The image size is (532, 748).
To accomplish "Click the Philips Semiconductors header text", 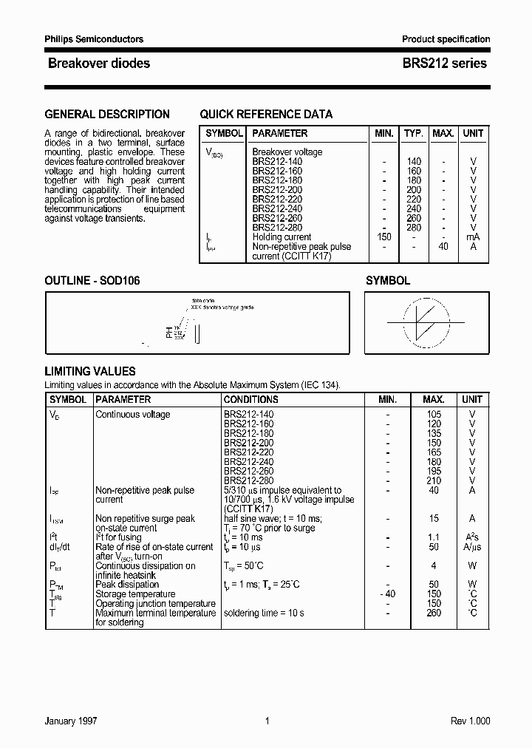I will point(94,39).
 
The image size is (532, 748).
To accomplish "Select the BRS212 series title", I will point(444,64).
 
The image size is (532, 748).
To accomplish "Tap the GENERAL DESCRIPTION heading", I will point(107,115).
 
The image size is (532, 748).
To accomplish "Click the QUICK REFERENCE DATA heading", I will point(266,115).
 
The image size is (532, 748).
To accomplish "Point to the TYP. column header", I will point(413,134).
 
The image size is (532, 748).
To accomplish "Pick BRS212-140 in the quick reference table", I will point(277,161).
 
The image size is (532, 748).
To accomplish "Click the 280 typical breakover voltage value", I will point(413,228).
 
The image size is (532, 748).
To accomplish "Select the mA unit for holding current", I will point(473,237).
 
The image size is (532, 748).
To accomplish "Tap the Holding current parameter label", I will point(282,237).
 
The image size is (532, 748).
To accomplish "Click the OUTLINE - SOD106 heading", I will point(92,281).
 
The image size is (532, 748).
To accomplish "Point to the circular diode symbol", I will point(427,322).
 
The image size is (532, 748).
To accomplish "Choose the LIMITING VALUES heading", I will point(90,372).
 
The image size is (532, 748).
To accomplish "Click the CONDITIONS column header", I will point(250,399).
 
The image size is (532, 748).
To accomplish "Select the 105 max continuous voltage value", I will point(434,415).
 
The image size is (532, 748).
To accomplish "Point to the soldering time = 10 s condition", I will point(265,613).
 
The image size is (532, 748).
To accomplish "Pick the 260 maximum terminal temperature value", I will point(434,613).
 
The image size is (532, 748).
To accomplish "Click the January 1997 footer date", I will point(71,721).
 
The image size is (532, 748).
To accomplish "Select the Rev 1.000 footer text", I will point(470,721).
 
